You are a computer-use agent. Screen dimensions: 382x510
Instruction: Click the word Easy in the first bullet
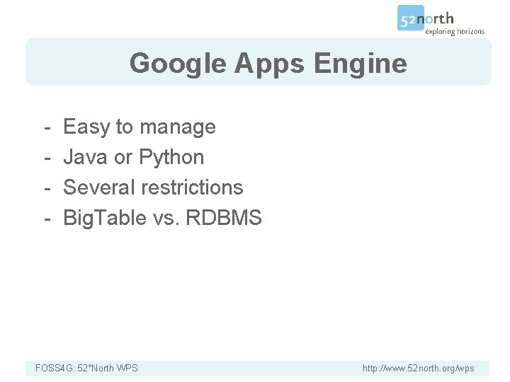click(x=86, y=127)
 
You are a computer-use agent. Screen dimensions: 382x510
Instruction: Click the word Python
click(x=171, y=157)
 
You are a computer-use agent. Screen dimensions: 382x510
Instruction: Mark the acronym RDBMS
click(x=224, y=218)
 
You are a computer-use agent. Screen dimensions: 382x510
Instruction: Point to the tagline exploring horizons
click(x=455, y=31)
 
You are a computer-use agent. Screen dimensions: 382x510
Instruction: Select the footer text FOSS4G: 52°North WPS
click(x=86, y=368)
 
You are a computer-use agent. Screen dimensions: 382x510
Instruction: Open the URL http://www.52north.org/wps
click(x=418, y=368)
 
